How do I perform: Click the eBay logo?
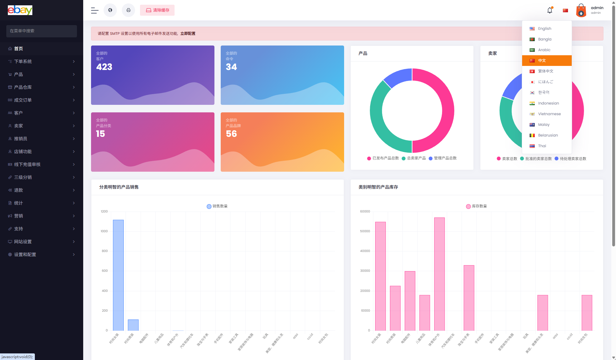20,10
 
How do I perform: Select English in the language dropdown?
544,29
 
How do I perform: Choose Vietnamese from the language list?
549,114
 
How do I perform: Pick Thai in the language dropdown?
542,146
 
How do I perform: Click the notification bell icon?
549,10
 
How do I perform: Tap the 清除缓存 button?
157,10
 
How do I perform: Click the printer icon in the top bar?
128,10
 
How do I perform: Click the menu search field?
41,31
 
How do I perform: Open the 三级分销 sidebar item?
23,177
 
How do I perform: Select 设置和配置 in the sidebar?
25,255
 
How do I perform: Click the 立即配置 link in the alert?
188,34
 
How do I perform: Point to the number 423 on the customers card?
104,67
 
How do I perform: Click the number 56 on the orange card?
231,134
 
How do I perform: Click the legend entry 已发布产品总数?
385,158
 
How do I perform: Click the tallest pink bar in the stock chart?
439,274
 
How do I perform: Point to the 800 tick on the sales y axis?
105,251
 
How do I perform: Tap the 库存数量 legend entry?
479,206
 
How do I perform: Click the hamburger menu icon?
95,10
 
